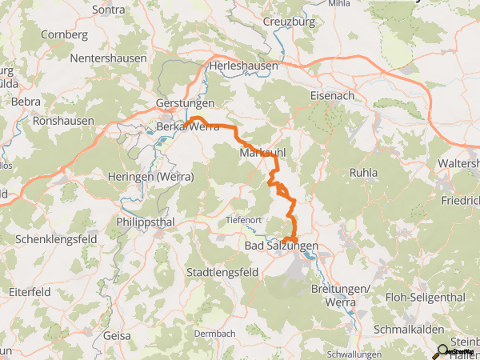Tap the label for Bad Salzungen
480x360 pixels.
(x=281, y=247)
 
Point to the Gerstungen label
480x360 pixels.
(x=186, y=104)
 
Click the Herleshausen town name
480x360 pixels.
(x=242, y=66)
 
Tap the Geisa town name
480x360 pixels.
(x=117, y=336)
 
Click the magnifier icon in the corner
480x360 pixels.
(x=440, y=350)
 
